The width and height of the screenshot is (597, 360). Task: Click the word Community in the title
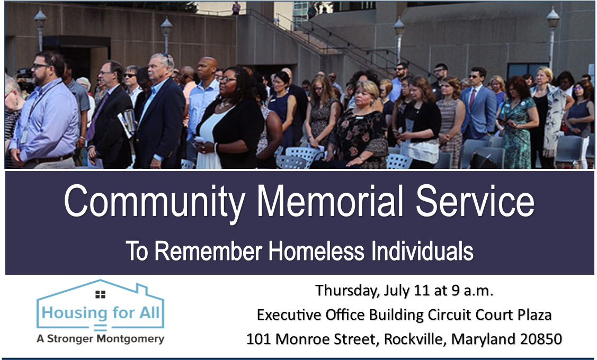pos(154,202)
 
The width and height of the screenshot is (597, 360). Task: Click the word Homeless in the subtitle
pos(316,251)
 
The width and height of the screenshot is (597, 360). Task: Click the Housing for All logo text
pos(101,313)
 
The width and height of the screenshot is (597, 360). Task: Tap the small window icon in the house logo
pos(100,294)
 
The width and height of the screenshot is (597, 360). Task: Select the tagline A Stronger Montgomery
pos(101,338)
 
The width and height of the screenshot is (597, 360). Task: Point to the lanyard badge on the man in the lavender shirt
pos(24,136)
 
